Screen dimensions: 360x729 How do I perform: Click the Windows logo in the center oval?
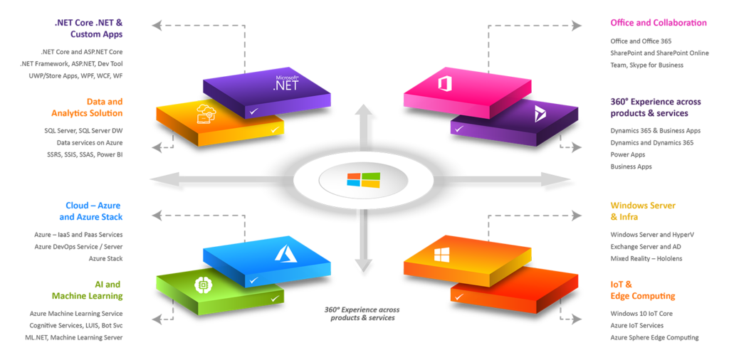363,179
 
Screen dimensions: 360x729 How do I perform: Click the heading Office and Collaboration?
658,23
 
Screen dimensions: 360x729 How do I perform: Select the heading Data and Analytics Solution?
87,107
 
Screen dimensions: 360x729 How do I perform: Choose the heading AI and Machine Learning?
87,290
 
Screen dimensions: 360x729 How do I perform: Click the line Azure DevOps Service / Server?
78,246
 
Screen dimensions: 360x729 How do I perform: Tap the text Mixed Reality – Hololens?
646,258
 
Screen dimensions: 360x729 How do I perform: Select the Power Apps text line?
627,154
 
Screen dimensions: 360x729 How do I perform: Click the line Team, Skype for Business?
646,65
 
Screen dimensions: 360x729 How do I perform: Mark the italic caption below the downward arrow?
362,314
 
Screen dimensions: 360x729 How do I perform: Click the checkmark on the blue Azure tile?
253,280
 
